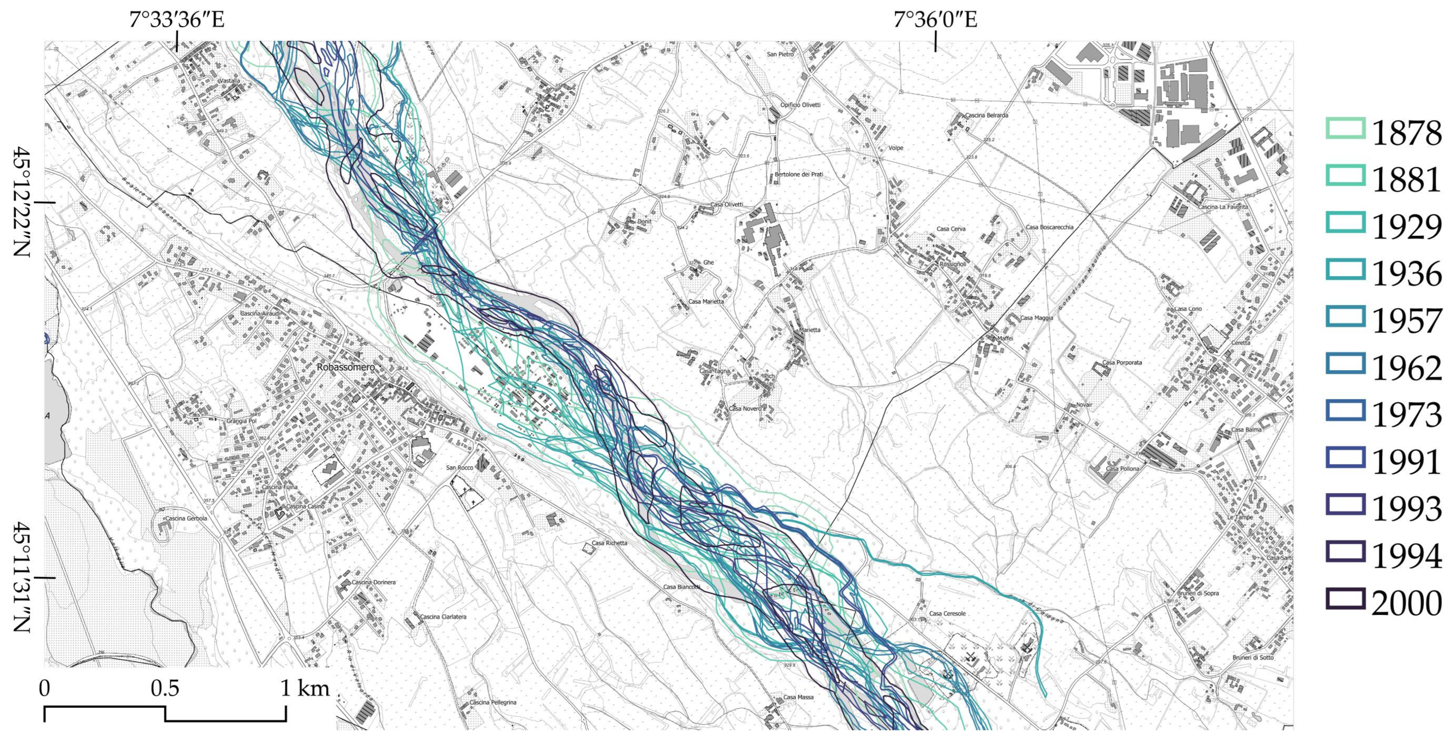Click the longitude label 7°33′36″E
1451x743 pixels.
177,20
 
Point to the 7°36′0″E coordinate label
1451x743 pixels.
935,20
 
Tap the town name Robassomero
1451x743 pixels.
346,367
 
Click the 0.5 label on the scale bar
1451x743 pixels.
165,688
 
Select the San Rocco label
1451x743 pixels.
460,467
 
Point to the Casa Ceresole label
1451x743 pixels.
947,614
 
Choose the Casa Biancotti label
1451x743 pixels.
681,587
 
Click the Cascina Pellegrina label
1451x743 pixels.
493,702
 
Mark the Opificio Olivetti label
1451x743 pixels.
801,105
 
